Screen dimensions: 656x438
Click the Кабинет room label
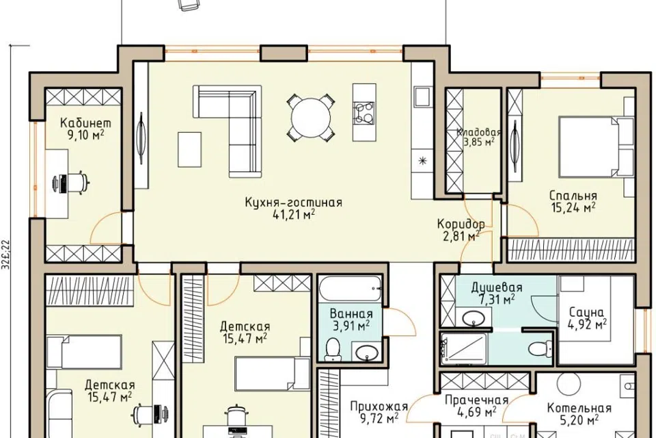tap(86, 123)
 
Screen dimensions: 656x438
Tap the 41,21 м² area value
tap(294, 215)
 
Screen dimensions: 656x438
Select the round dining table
tap(311, 117)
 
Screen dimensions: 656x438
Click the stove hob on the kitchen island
tap(364, 113)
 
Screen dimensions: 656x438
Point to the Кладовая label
tap(478, 133)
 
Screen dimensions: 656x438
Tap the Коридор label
tap(461, 224)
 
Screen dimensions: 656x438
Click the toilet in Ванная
tap(333, 350)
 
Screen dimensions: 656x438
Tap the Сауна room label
tap(586, 312)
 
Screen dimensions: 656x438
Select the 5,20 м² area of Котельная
tap(579, 419)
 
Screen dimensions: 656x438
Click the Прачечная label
tap(476, 400)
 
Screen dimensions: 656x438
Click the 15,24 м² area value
tap(573, 207)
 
